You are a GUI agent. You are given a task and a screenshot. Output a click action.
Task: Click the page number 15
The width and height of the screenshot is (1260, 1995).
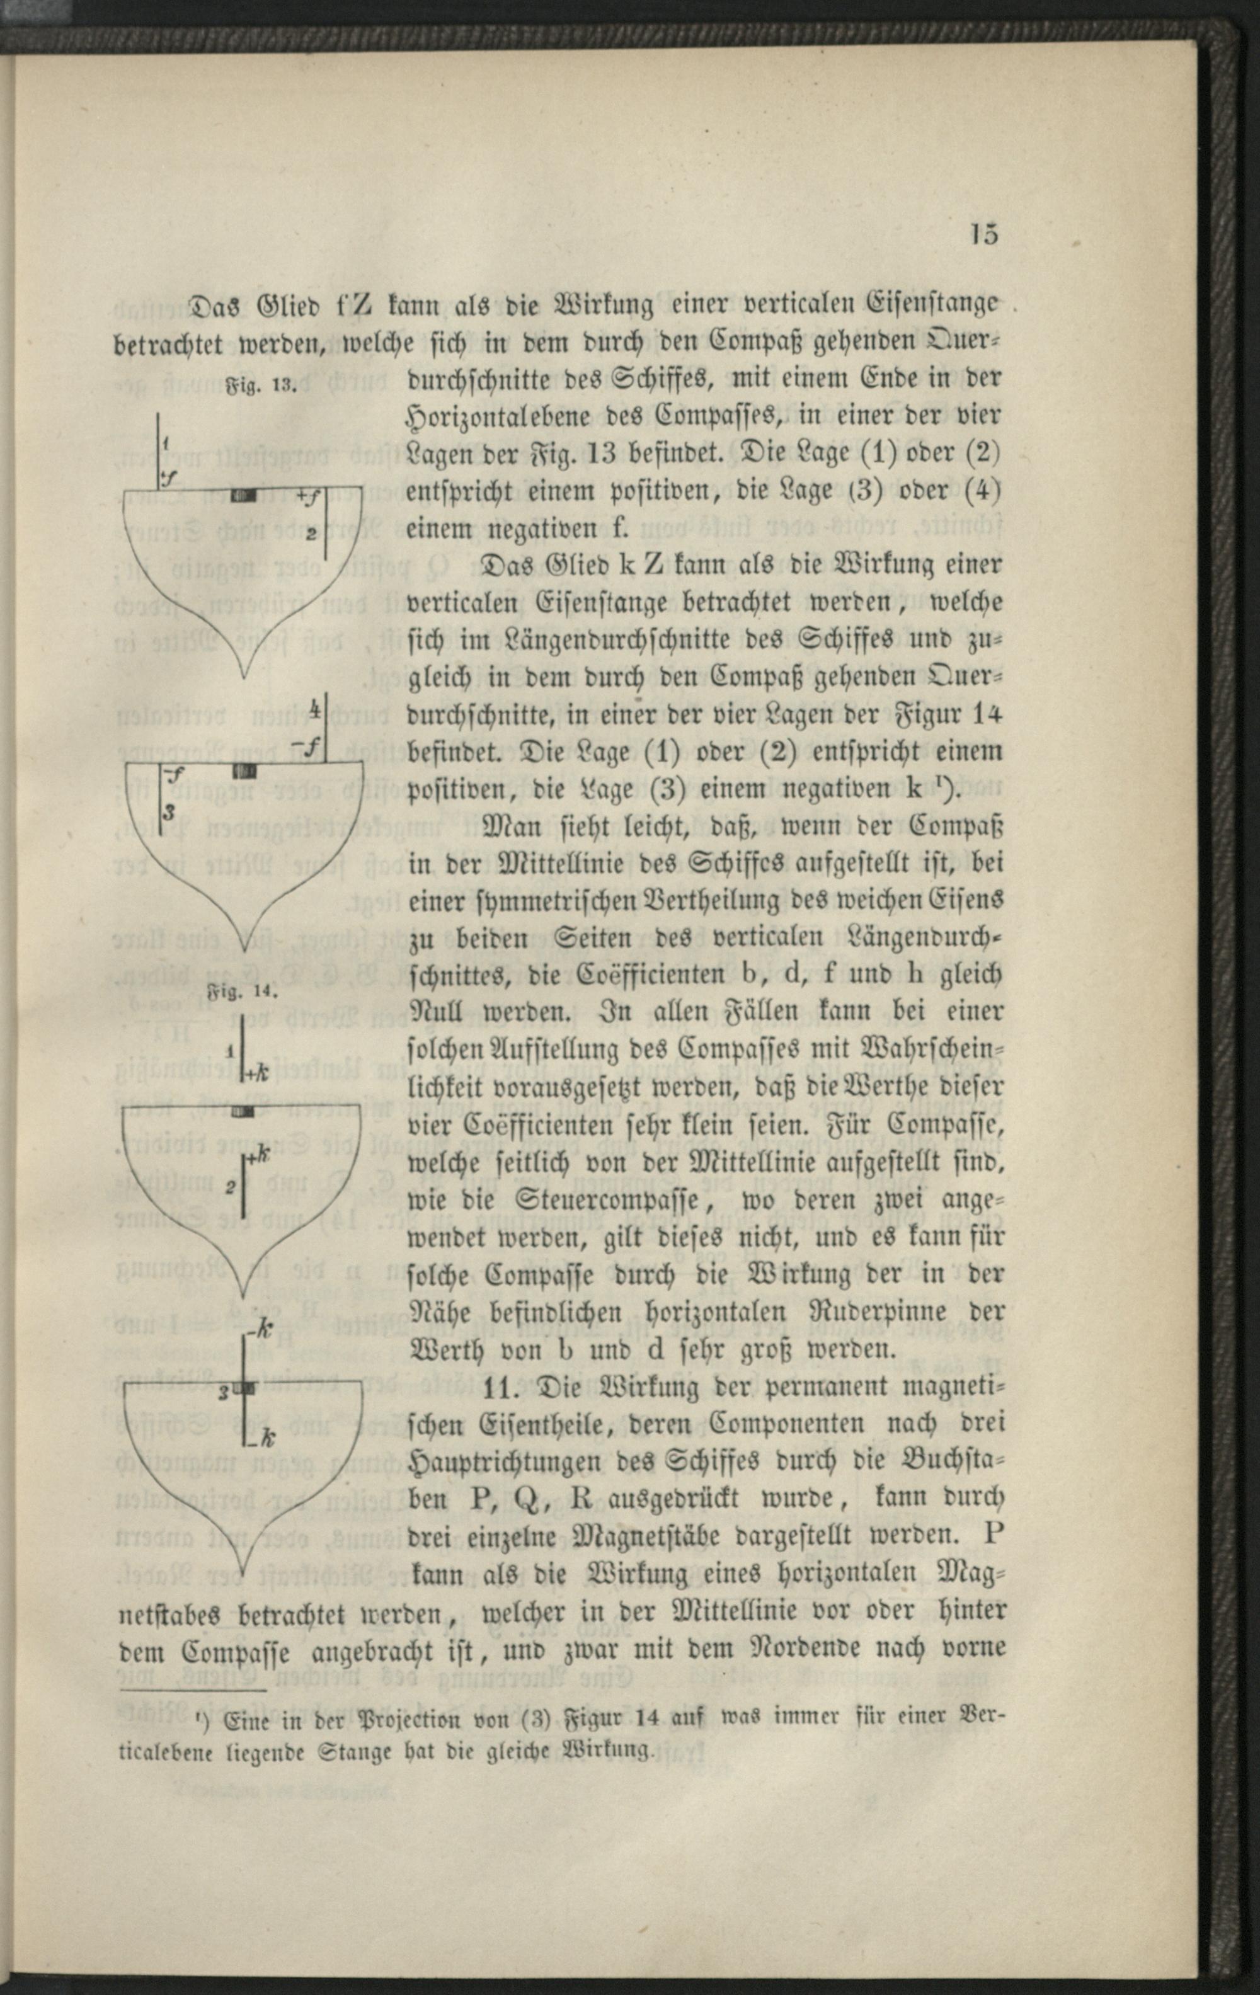click(984, 236)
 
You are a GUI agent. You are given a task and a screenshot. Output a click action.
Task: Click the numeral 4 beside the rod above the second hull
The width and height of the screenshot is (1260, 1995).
click(315, 710)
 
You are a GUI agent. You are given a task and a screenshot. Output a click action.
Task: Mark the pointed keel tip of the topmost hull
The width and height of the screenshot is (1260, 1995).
click(243, 678)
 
